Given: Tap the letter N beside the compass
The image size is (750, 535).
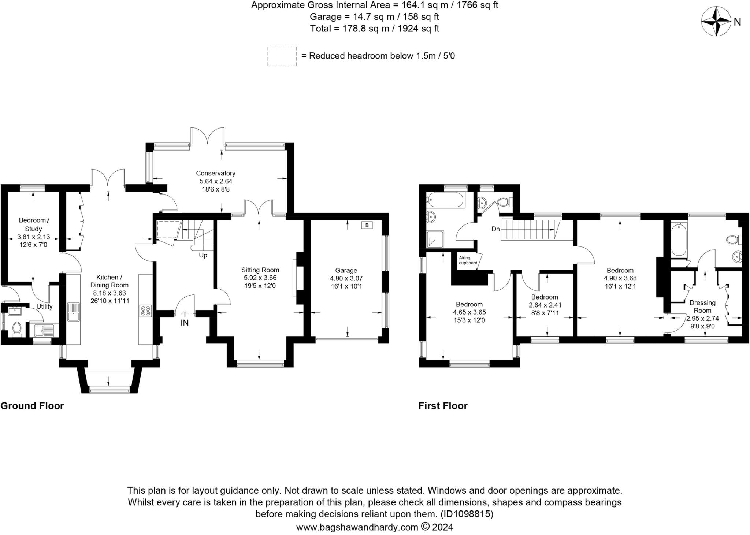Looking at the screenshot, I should click(x=737, y=22).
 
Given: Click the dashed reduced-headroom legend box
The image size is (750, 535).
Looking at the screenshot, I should click(x=282, y=56).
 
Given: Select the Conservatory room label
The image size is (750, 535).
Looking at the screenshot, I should click(x=215, y=173).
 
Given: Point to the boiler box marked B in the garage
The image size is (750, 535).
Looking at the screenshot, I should click(x=367, y=225).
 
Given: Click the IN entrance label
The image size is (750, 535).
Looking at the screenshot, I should click(x=185, y=323).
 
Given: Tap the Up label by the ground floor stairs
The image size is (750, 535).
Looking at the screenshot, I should click(x=203, y=255).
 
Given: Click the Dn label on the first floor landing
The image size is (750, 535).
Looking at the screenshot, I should click(x=495, y=229).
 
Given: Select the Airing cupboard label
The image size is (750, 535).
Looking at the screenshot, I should click(x=468, y=260).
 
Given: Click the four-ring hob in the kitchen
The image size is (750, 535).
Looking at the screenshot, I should click(x=145, y=311).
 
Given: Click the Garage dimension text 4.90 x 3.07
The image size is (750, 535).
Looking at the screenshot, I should click(x=346, y=278).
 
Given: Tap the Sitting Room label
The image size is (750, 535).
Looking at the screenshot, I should click(x=260, y=270).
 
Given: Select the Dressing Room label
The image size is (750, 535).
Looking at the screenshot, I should click(x=702, y=306).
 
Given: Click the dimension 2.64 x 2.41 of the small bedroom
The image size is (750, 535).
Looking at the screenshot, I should click(x=545, y=305).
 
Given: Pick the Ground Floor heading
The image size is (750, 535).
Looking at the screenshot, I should click(x=32, y=406).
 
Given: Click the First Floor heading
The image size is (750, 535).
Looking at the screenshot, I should click(x=443, y=406).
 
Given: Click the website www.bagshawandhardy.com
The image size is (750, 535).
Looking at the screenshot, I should click(x=357, y=527).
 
